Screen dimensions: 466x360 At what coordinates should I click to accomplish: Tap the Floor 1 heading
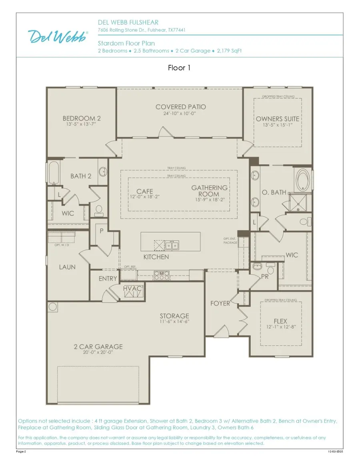click(x=179, y=68)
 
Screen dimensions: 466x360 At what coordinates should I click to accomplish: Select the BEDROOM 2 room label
click(x=82, y=118)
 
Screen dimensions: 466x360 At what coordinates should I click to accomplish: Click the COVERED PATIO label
click(x=181, y=107)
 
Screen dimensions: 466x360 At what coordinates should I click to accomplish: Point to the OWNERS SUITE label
click(x=278, y=119)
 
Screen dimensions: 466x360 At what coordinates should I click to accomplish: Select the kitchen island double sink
click(x=172, y=245)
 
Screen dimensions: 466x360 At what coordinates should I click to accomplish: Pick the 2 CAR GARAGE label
click(x=98, y=347)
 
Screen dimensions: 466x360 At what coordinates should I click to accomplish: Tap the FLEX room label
click(x=280, y=321)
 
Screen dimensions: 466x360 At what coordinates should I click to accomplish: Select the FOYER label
click(x=220, y=303)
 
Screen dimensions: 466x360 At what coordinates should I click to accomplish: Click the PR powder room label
click(x=264, y=276)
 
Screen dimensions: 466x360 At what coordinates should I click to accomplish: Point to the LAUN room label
click(x=67, y=267)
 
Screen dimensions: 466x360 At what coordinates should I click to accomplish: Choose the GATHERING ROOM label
click(x=209, y=191)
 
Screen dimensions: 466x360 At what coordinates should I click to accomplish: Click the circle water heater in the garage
click(x=53, y=307)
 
